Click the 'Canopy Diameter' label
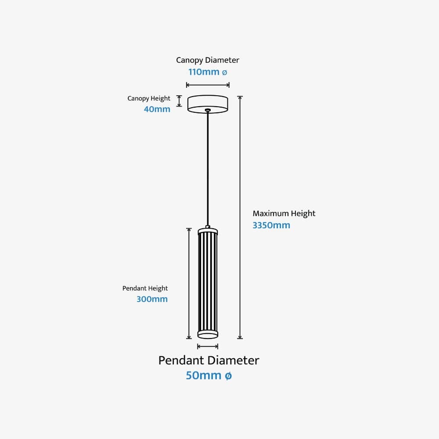pyautogui.click(x=208, y=60)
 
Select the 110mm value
pyautogui.click(x=204, y=72)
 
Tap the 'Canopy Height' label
pyautogui.click(x=149, y=98)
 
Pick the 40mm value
pyautogui.click(x=157, y=109)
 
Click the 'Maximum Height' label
pyautogui.click(x=284, y=214)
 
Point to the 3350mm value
pyautogui.click(x=271, y=226)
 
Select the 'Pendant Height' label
pyautogui.click(x=145, y=288)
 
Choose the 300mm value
pyautogui.click(x=152, y=299)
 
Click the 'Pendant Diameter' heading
pyautogui.click(x=209, y=360)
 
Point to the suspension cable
pyautogui.click(x=208, y=167)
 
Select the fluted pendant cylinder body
pyautogui.click(x=208, y=281)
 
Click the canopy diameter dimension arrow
pyautogui.click(x=208, y=85)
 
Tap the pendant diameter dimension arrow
pyautogui.click(x=208, y=347)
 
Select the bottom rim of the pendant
pyautogui.click(x=208, y=335)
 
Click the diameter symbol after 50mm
pyautogui.click(x=228, y=376)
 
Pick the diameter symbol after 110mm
pyautogui.click(x=225, y=72)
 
